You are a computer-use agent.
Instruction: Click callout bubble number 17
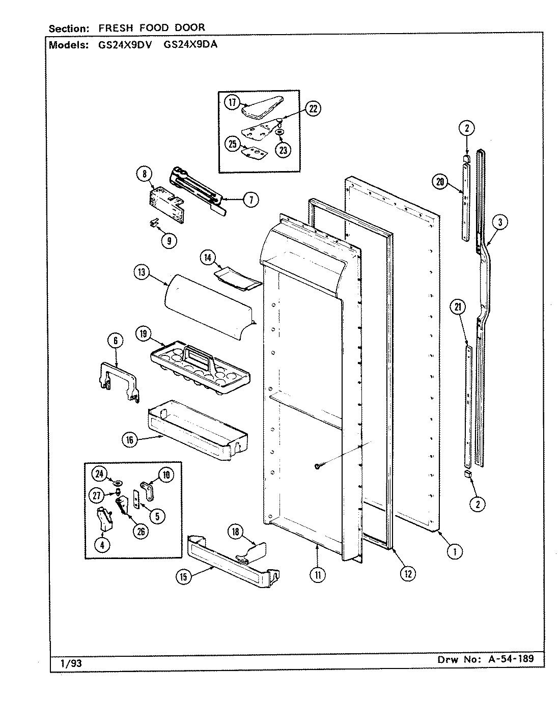click(232, 103)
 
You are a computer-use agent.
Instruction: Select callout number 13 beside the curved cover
click(141, 272)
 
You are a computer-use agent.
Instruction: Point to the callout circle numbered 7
click(250, 200)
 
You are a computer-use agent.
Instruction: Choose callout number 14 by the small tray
click(207, 258)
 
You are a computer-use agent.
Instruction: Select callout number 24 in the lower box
click(99, 474)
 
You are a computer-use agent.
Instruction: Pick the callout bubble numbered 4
click(103, 544)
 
